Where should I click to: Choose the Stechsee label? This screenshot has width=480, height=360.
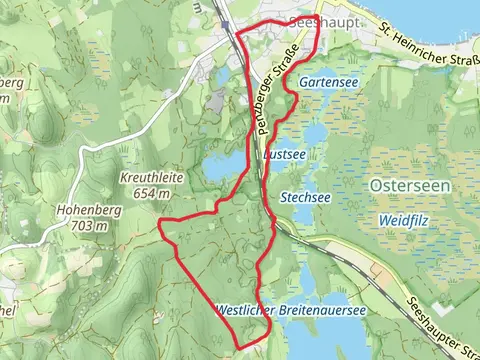tap(306, 197)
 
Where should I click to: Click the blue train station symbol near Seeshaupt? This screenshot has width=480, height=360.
tap(229, 27)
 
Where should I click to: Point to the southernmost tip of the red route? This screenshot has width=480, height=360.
tap(248, 347)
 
